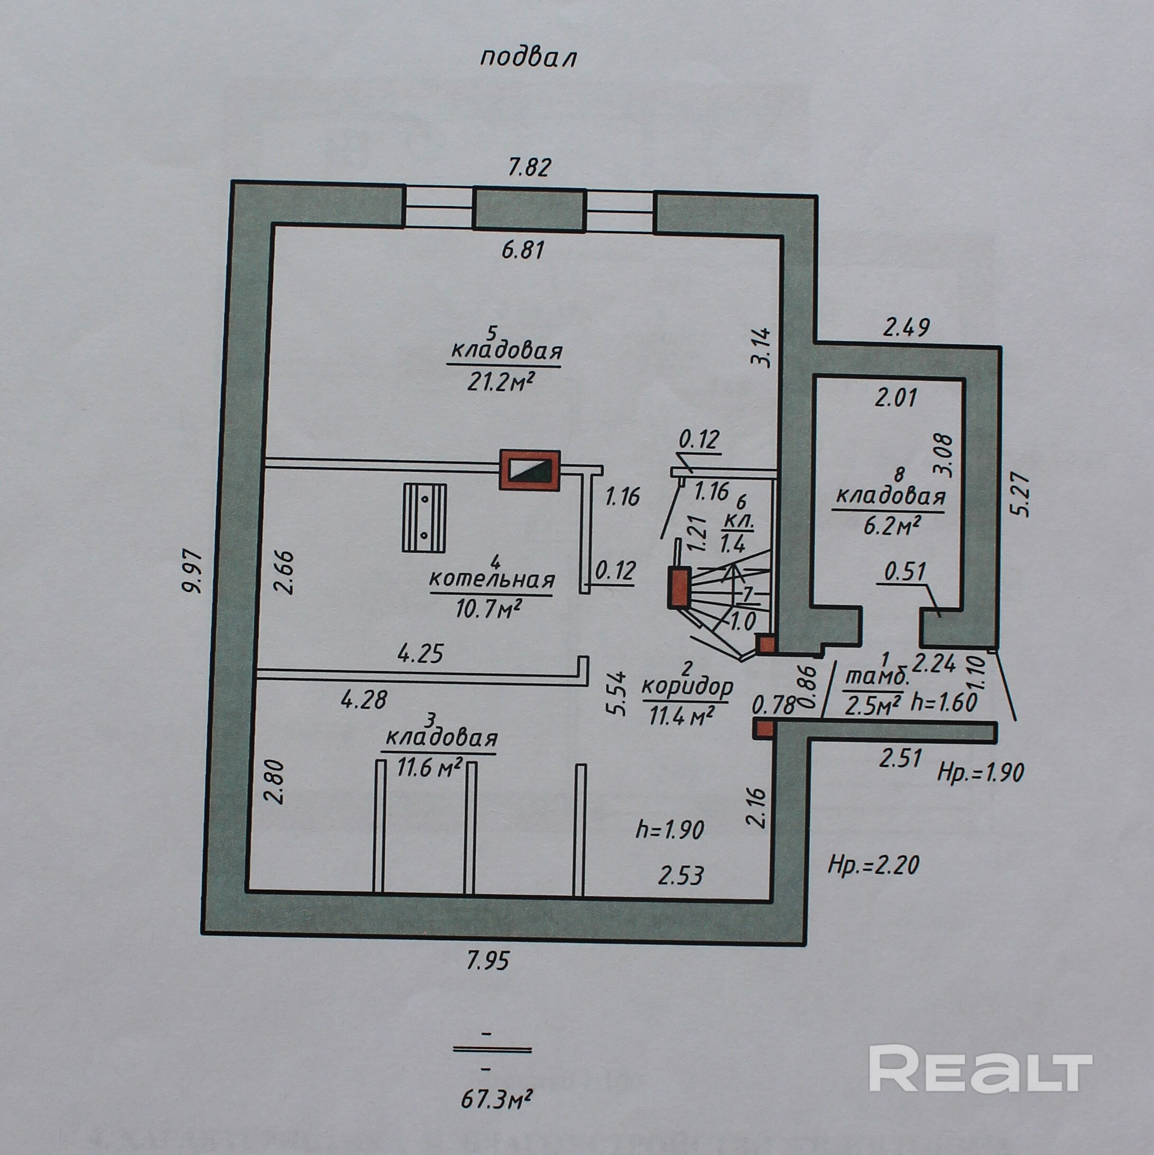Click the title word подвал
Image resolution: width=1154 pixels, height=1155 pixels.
pos(528,59)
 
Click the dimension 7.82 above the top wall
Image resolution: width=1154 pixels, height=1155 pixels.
pos(529,168)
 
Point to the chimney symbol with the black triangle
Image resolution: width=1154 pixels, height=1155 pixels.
pos(530,470)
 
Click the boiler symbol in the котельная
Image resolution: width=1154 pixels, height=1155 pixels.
pos(424,517)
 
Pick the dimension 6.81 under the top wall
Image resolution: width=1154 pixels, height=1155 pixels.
pos(523,249)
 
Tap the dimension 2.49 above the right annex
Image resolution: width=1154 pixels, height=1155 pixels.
pos(907,328)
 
